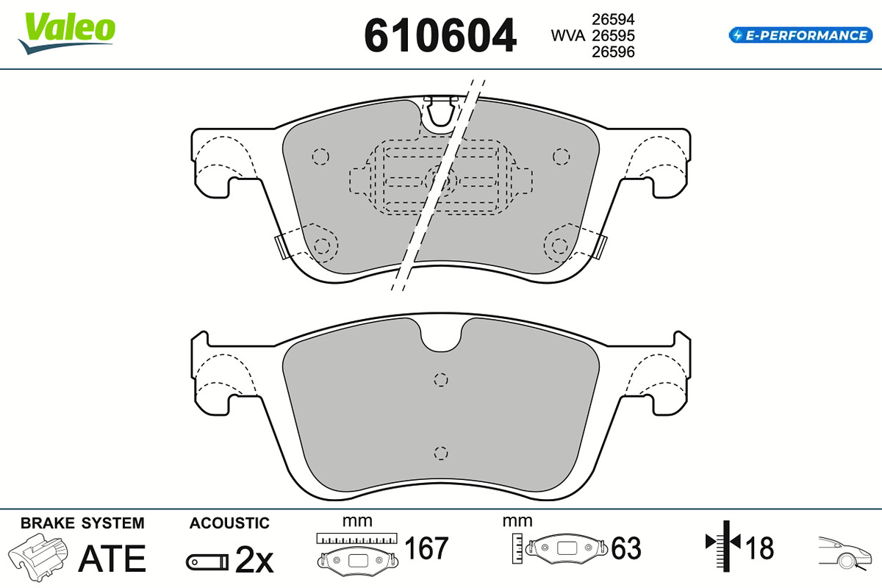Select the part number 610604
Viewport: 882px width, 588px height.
(x=440, y=35)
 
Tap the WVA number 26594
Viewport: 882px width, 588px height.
(x=613, y=19)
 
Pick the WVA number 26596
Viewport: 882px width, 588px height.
(x=613, y=51)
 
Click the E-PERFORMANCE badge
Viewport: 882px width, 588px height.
(x=800, y=35)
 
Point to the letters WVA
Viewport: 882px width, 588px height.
(x=567, y=35)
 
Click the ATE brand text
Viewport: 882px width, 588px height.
(x=112, y=558)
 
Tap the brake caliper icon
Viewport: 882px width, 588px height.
(x=38, y=557)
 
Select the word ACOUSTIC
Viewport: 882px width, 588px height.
(x=229, y=523)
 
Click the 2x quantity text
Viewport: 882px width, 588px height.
(x=254, y=559)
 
